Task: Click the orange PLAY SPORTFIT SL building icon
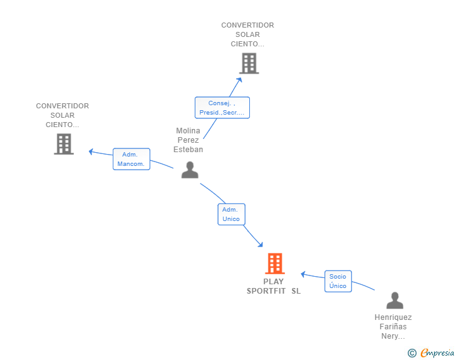click(x=275, y=264)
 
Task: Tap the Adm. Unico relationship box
click(x=232, y=214)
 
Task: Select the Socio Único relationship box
click(x=338, y=281)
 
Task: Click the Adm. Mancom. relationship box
click(x=132, y=159)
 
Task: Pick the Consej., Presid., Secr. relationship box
click(x=222, y=108)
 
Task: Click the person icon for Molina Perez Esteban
click(x=190, y=170)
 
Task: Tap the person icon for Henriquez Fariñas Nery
click(x=395, y=301)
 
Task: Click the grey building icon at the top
click(x=249, y=63)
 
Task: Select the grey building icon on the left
click(x=64, y=144)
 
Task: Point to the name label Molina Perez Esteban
click(x=188, y=140)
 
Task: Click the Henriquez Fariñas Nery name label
click(x=393, y=327)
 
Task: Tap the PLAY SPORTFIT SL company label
click(x=274, y=286)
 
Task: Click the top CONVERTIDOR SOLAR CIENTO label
click(x=247, y=34)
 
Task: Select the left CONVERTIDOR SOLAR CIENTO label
click(x=63, y=115)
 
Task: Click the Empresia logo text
click(x=437, y=353)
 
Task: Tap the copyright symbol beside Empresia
click(x=412, y=353)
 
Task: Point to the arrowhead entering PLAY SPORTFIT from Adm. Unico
click(x=261, y=245)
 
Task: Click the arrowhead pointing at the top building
click(x=240, y=80)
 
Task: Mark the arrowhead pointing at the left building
click(x=91, y=152)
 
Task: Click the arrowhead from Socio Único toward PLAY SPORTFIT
click(x=303, y=274)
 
